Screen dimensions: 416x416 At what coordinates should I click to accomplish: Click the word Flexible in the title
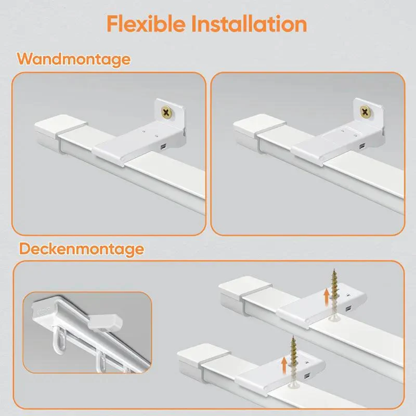coord(146,24)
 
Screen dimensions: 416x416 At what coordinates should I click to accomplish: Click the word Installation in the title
coord(249,24)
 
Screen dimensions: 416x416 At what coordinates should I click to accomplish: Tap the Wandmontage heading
coord(74,59)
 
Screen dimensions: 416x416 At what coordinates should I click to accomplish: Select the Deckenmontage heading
coord(81,249)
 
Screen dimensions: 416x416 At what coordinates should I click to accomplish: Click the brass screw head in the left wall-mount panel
coord(167,112)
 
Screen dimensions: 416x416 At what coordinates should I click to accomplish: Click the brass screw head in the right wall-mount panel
coord(365,111)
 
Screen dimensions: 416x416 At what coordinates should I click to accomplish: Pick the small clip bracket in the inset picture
coord(105,323)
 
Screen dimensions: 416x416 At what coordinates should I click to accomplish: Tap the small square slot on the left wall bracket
coord(163,146)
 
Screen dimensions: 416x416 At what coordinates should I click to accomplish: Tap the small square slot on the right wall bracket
coord(362,146)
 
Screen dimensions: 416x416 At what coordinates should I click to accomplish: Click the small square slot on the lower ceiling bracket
coord(307,376)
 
